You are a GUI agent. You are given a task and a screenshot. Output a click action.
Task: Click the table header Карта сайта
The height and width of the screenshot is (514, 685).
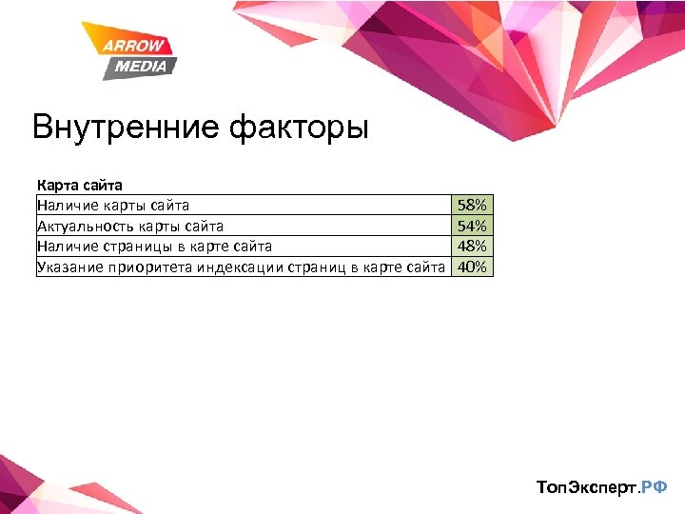click(x=80, y=185)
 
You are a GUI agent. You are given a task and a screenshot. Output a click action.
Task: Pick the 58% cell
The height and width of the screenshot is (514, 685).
click(x=472, y=205)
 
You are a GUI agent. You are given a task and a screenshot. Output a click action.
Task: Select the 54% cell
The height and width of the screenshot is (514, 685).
click(x=472, y=226)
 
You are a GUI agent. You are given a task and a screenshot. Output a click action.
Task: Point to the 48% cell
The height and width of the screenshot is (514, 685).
click(x=472, y=246)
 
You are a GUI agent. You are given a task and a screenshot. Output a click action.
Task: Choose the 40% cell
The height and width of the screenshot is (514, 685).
click(x=472, y=267)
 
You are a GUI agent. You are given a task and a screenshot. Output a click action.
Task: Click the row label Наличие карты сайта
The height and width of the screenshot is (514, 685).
click(x=113, y=205)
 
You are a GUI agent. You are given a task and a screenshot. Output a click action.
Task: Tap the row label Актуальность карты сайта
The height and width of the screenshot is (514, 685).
click(x=130, y=226)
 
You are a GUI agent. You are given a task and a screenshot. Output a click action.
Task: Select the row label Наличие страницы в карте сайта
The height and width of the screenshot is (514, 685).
click(x=154, y=246)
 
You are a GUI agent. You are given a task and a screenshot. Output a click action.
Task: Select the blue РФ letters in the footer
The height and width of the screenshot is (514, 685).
click(x=655, y=487)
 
